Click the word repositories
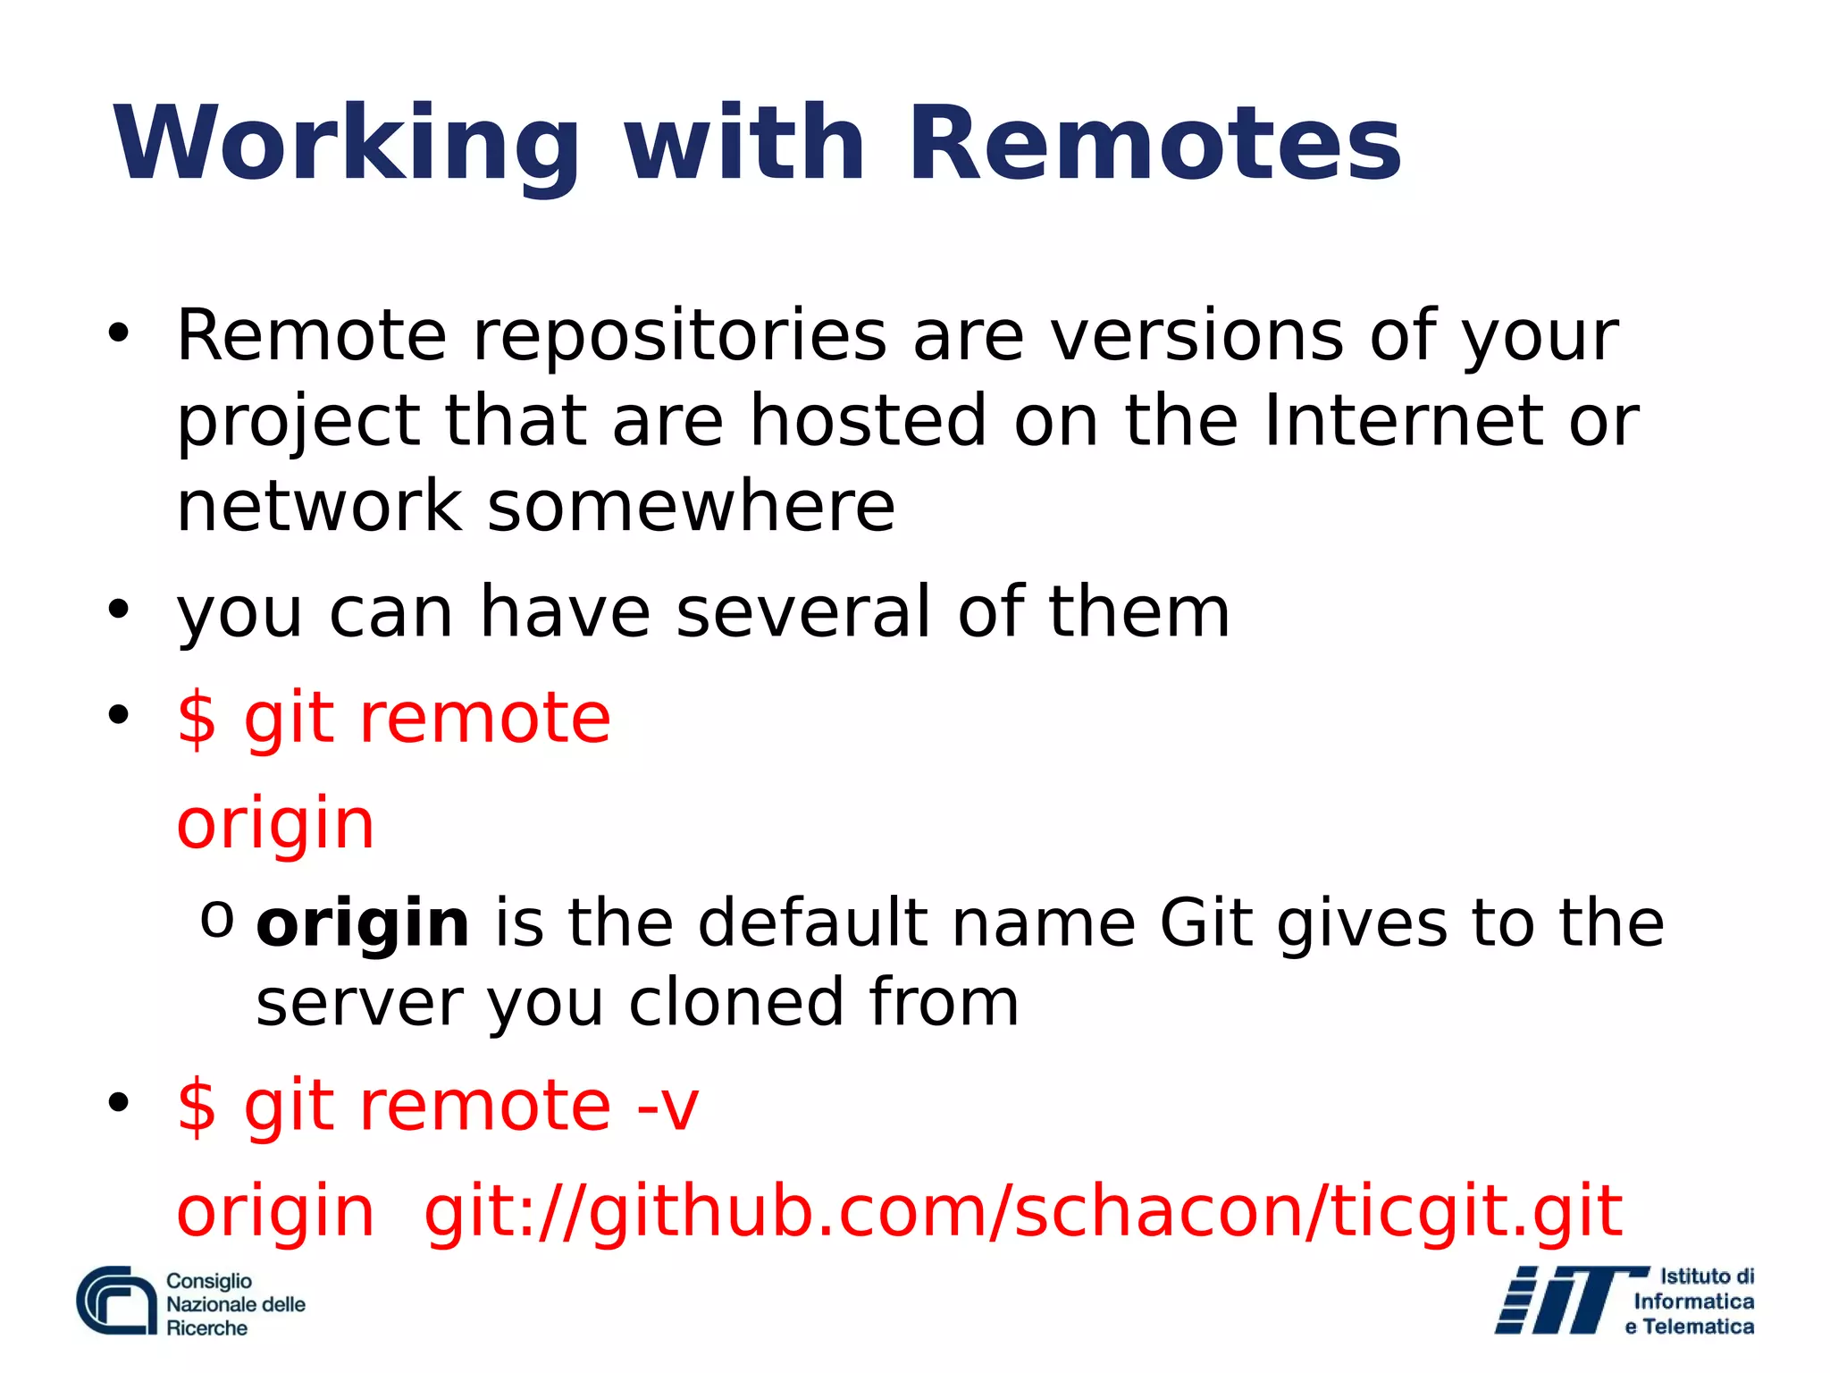pyautogui.click(x=679, y=336)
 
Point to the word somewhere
pyautogui.click(x=691, y=506)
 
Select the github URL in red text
pyautogui.click(x=1022, y=1212)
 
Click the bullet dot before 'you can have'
pyautogui.click(x=118, y=611)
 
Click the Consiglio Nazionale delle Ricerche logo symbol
pyautogui.click(x=117, y=1301)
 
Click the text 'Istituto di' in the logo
pyautogui.click(x=1707, y=1276)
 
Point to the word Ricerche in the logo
pyautogui.click(x=206, y=1328)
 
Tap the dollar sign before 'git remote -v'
pyautogui.click(x=197, y=1107)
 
